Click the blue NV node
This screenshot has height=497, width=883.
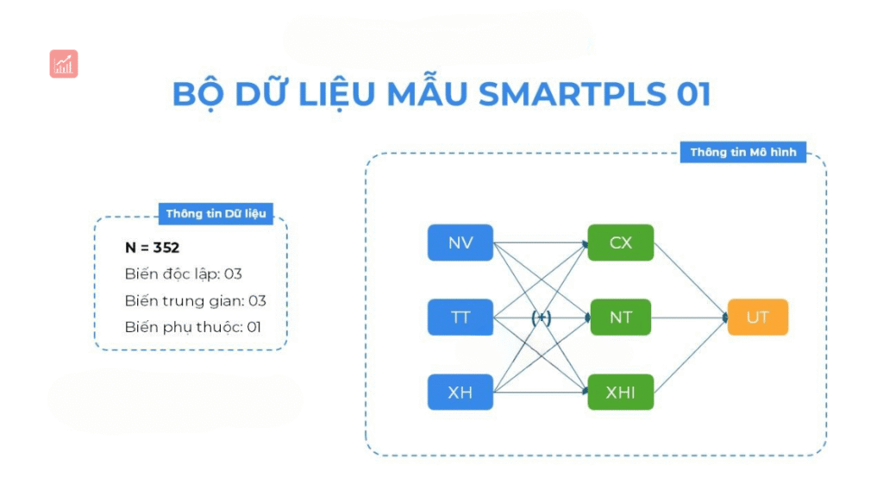[460, 242]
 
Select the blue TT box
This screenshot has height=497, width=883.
[460, 318]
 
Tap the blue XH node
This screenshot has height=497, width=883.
[460, 392]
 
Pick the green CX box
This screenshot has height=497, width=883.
[621, 242]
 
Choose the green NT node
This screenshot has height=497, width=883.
[621, 318]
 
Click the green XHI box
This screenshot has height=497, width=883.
[621, 392]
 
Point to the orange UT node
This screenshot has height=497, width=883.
[757, 318]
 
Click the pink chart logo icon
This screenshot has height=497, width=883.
[64, 64]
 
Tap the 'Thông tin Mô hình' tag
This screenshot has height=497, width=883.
[743, 153]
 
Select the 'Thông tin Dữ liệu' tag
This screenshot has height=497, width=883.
[216, 213]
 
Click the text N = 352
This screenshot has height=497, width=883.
[152, 248]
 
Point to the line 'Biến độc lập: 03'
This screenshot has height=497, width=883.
[183, 274]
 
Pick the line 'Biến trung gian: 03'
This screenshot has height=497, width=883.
[195, 301]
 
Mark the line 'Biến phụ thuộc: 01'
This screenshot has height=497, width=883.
[192, 327]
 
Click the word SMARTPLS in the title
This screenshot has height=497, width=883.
[573, 95]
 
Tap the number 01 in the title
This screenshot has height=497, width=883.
[693, 95]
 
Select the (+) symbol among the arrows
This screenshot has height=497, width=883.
[542, 318]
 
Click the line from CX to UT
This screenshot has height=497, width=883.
[690, 280]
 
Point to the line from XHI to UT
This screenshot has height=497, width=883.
[690, 355]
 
